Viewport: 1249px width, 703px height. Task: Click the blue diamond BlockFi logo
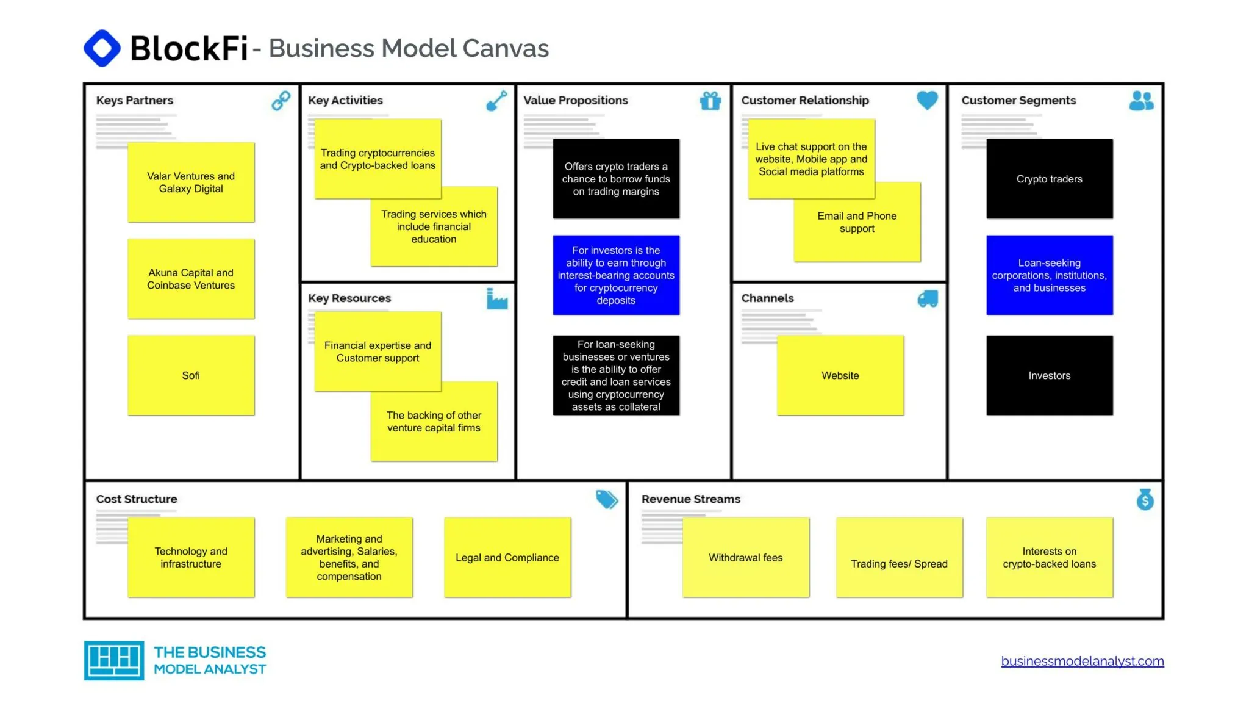click(x=102, y=48)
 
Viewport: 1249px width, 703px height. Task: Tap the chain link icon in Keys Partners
click(x=281, y=101)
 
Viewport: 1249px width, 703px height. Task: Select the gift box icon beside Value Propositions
click(x=710, y=101)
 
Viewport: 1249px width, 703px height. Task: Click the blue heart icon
click(x=927, y=100)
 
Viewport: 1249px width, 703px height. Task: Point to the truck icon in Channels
click(x=928, y=298)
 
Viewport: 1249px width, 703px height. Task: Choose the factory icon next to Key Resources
click(x=497, y=298)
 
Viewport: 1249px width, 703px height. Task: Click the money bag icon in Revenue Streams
click(x=1145, y=499)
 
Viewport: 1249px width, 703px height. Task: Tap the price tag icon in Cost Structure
click(x=607, y=499)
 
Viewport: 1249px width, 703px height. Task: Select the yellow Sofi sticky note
click(x=191, y=375)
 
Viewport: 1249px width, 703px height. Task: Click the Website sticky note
click(x=840, y=375)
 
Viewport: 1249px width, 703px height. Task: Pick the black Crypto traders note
click(x=1050, y=179)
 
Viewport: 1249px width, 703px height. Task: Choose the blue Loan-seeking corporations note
click(x=1050, y=275)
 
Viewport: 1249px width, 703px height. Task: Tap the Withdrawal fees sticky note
click(x=746, y=557)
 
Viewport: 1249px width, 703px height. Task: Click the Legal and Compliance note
click(x=507, y=557)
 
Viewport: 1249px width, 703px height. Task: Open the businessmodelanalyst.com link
click(x=1083, y=661)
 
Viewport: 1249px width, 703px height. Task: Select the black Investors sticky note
click(x=1050, y=375)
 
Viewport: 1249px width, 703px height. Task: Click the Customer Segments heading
click(x=1018, y=100)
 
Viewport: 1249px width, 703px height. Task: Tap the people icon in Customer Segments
click(x=1141, y=101)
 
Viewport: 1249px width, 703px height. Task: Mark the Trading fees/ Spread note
click(x=900, y=557)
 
